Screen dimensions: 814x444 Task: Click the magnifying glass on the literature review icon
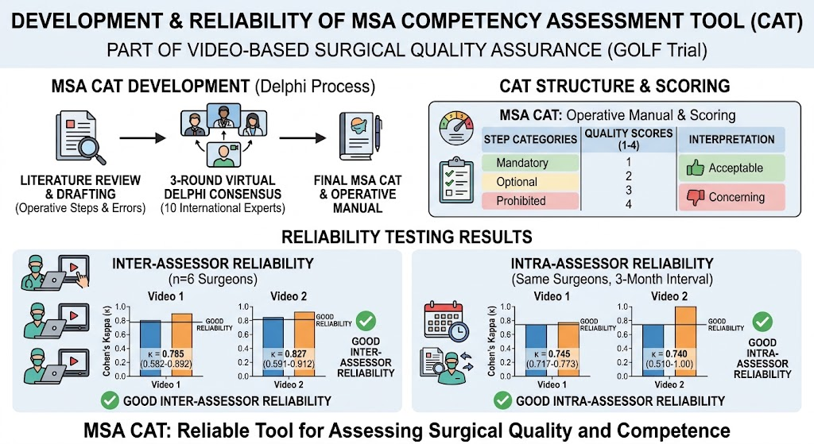(x=92, y=150)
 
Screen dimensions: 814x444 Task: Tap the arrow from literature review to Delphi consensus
(x=142, y=138)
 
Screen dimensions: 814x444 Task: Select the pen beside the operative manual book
(x=378, y=133)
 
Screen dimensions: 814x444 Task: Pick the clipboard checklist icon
(x=456, y=180)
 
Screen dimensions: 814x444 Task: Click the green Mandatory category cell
(x=530, y=163)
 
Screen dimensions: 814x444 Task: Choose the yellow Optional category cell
(x=530, y=182)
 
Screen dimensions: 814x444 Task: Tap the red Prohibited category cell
(x=530, y=201)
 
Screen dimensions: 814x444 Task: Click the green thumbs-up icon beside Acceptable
(x=695, y=168)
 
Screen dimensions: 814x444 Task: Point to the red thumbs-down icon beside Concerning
(x=695, y=197)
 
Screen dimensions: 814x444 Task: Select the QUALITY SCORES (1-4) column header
(x=629, y=139)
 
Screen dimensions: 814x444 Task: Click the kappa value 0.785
(x=172, y=354)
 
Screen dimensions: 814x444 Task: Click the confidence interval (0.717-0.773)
(x=552, y=364)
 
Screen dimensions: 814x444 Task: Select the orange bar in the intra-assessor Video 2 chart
(x=685, y=342)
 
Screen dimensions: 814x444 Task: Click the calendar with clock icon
(x=446, y=321)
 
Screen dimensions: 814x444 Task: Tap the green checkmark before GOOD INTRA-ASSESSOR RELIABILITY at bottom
(x=502, y=401)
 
